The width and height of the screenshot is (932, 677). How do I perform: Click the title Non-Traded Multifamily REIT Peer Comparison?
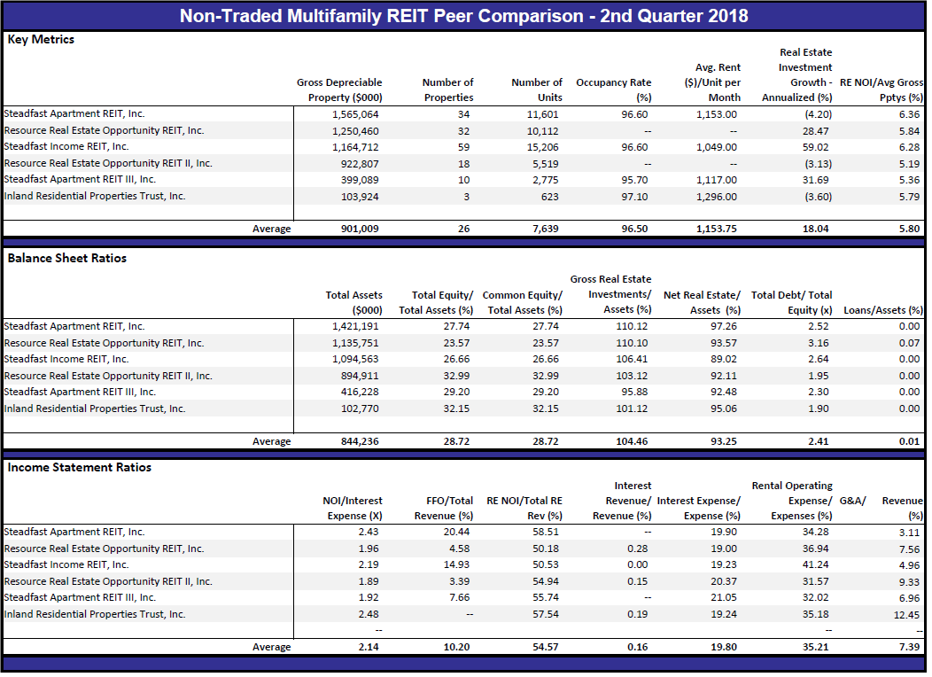pyautogui.click(x=382, y=16)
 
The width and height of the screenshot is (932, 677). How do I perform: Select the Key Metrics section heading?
pyautogui.click(x=41, y=40)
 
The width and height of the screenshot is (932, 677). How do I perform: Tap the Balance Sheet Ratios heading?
pyautogui.click(x=67, y=258)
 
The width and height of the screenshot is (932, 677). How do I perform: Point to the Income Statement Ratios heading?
pyautogui.click(x=80, y=467)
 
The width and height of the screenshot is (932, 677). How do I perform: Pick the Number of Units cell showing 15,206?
pyautogui.click(x=543, y=147)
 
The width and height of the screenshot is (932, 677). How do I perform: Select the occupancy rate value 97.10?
pyautogui.click(x=635, y=196)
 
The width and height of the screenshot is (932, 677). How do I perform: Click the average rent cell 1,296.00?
pyautogui.click(x=717, y=196)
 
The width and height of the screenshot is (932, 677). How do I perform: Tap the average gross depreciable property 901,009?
pyautogui.click(x=360, y=229)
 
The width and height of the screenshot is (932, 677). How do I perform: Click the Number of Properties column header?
pyautogui.click(x=448, y=89)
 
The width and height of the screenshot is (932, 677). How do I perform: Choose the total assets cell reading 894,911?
pyautogui.click(x=360, y=376)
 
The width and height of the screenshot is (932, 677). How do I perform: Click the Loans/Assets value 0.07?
pyautogui.click(x=910, y=343)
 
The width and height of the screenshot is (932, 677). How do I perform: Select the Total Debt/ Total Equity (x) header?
pyautogui.click(x=792, y=302)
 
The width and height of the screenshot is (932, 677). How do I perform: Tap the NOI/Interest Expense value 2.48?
pyautogui.click(x=369, y=614)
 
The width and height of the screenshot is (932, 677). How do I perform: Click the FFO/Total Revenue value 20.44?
pyautogui.click(x=456, y=532)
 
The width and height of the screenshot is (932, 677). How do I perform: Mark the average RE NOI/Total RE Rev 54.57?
pyautogui.click(x=546, y=647)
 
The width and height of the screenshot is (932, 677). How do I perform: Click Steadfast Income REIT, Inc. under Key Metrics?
pyautogui.click(x=66, y=147)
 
